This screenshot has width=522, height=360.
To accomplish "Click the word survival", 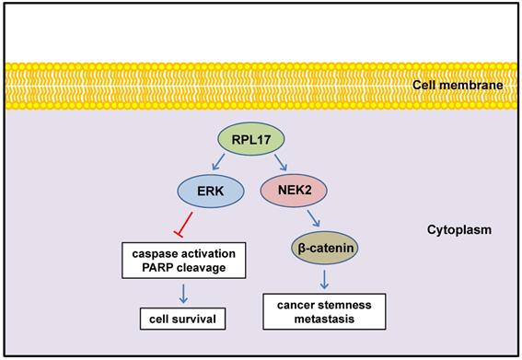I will tap(200, 320).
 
